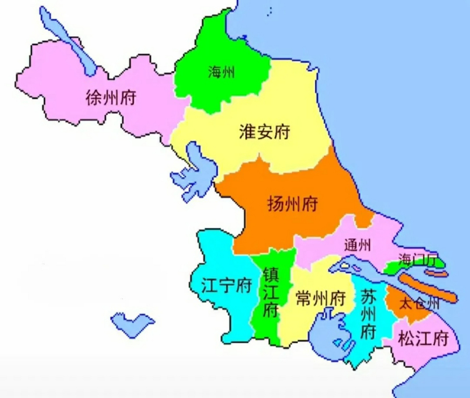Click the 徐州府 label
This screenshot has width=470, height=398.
(x=111, y=97)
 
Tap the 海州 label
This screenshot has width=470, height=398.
(x=221, y=72)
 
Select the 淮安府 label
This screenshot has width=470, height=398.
(x=264, y=132)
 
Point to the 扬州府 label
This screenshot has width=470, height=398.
(x=292, y=204)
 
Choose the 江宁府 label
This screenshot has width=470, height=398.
(x=226, y=285)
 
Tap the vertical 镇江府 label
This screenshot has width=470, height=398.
(x=270, y=292)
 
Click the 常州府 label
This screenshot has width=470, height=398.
(x=321, y=298)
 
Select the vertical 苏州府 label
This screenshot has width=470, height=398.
(x=368, y=314)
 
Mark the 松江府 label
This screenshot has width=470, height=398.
(x=423, y=338)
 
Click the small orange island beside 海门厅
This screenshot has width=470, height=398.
(x=437, y=274)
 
